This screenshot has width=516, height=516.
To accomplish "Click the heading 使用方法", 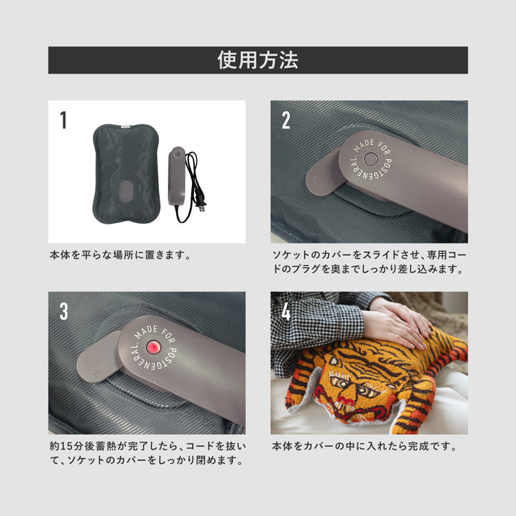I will [x=258, y=61].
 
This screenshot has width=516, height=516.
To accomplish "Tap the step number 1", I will [x=63, y=120].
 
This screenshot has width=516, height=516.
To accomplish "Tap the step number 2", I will [x=286, y=120].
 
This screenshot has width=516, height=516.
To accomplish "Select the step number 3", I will [x=63, y=311].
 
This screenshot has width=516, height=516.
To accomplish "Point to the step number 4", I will [x=286, y=311].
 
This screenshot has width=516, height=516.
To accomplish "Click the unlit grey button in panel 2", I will [x=371, y=159].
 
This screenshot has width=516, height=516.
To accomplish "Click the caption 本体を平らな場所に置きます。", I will [x=120, y=255].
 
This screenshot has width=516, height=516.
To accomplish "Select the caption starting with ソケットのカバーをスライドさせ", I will [x=369, y=262].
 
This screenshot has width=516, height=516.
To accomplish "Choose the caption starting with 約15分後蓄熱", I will [x=147, y=453].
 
